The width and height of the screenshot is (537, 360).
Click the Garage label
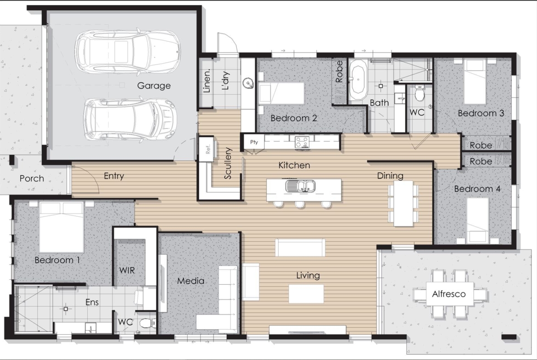(x=154, y=86)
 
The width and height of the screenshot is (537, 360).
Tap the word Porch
(x=32, y=178)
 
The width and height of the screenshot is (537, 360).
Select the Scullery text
(x=228, y=163)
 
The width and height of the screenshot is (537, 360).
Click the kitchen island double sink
(x=300, y=186)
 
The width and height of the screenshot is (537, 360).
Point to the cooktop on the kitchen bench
(x=302, y=142)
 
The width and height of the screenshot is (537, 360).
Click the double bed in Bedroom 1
(x=62, y=227)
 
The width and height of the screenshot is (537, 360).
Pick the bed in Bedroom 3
(x=475, y=82)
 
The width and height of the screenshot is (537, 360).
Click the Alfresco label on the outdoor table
(x=448, y=294)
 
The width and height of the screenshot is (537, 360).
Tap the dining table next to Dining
(x=403, y=203)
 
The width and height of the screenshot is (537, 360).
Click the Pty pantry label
(x=254, y=142)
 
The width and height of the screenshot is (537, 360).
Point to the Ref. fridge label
(x=208, y=148)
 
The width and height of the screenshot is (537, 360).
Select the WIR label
(x=127, y=270)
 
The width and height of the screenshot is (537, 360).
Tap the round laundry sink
(x=248, y=83)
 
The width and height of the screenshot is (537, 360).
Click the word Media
(x=191, y=281)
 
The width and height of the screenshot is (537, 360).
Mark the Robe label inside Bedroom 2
(x=339, y=72)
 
